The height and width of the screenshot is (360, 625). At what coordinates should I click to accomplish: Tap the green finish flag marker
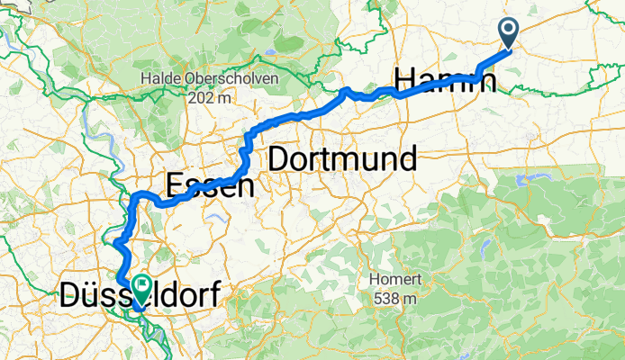coord(142,287)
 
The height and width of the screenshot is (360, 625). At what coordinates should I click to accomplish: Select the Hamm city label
coord(446,79)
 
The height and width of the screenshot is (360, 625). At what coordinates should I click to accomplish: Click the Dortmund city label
coord(342,159)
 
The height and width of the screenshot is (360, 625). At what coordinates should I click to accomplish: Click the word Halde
coord(159,80)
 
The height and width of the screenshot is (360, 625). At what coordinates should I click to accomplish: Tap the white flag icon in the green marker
coord(142,284)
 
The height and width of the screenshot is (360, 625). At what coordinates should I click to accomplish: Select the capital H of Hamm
coord(407,79)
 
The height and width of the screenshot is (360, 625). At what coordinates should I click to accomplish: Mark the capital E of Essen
coord(175,185)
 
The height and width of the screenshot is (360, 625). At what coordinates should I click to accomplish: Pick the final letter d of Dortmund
coord(406,159)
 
